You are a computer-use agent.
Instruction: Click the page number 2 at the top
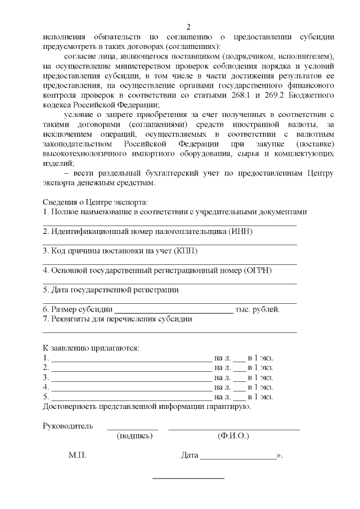coord(188,27)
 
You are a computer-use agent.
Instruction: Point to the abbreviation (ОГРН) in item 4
coord(258,271)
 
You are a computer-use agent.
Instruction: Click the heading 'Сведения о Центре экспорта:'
coord(96,202)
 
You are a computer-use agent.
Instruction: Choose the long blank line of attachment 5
coord(131,398)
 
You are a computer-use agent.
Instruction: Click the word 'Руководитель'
coord(68,425)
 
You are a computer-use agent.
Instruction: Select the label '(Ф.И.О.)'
coord(233,436)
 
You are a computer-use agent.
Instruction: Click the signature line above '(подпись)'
coord(133,430)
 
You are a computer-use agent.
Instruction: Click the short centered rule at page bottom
coord(188,479)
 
